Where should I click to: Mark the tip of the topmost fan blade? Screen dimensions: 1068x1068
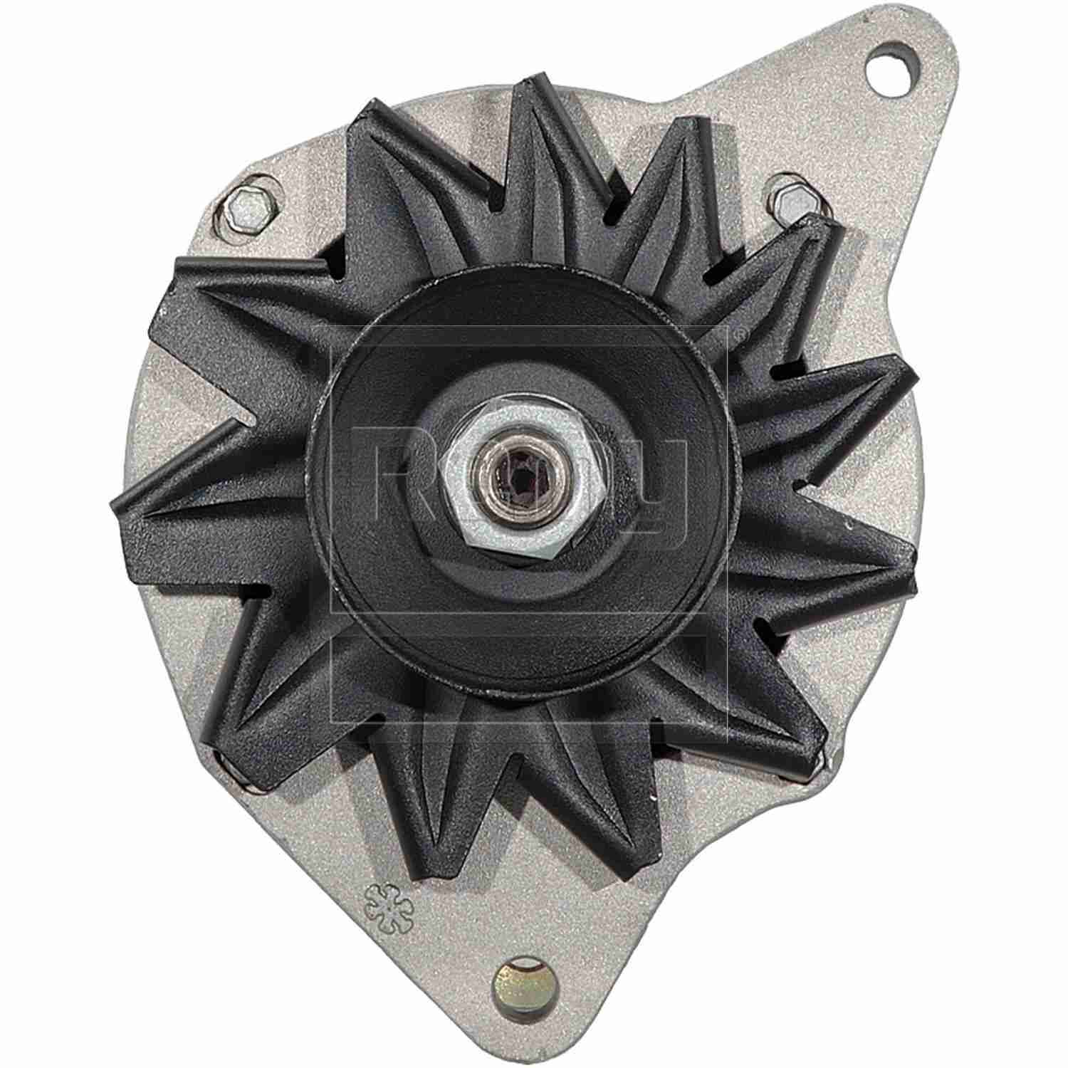coord(530,82)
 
